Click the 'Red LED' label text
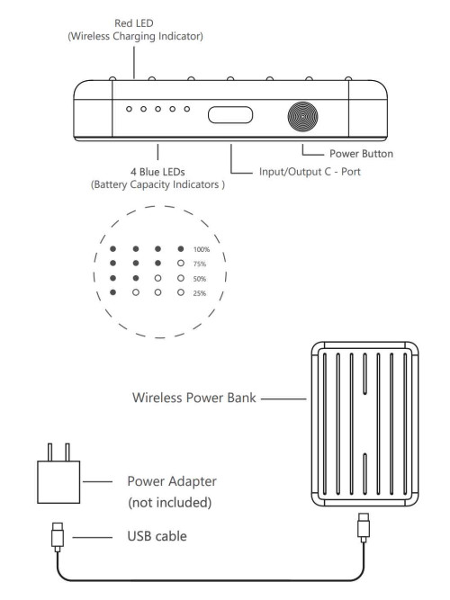(134, 23)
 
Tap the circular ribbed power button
(302, 116)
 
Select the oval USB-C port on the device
(230, 115)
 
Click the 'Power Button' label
(361, 154)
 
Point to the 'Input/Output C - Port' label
(310, 172)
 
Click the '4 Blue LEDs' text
(157, 172)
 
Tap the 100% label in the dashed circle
(202, 249)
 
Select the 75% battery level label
(200, 264)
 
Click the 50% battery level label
(200, 279)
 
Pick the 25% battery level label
(200, 293)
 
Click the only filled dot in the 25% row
(113, 292)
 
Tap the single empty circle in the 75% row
(181, 264)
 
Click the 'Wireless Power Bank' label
(193, 398)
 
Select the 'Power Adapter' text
(172, 481)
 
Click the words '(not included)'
(170, 503)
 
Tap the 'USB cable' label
(157, 536)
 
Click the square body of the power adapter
(58, 482)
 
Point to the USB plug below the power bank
(364, 528)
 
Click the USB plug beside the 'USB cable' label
(58, 537)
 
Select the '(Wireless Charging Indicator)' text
(136, 36)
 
